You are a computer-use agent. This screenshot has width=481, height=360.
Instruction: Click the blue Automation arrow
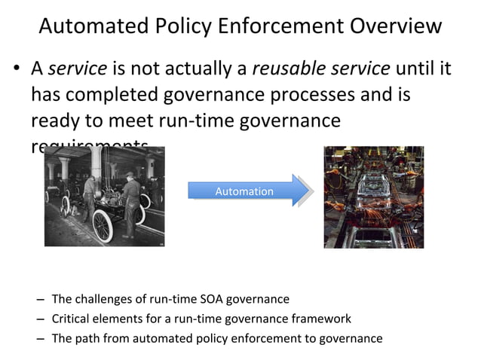click(x=248, y=191)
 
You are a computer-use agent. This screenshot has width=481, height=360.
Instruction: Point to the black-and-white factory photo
click(x=104, y=196)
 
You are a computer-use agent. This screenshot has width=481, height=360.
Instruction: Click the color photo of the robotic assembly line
click(x=373, y=197)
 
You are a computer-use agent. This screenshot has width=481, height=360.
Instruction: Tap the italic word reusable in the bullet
click(x=283, y=69)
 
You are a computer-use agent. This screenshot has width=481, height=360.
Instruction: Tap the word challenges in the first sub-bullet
click(x=103, y=299)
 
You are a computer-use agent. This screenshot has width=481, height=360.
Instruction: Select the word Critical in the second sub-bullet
click(x=71, y=319)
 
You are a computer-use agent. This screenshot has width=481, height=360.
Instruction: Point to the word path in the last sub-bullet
click(x=88, y=338)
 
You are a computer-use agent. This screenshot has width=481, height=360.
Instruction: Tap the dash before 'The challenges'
click(x=38, y=299)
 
